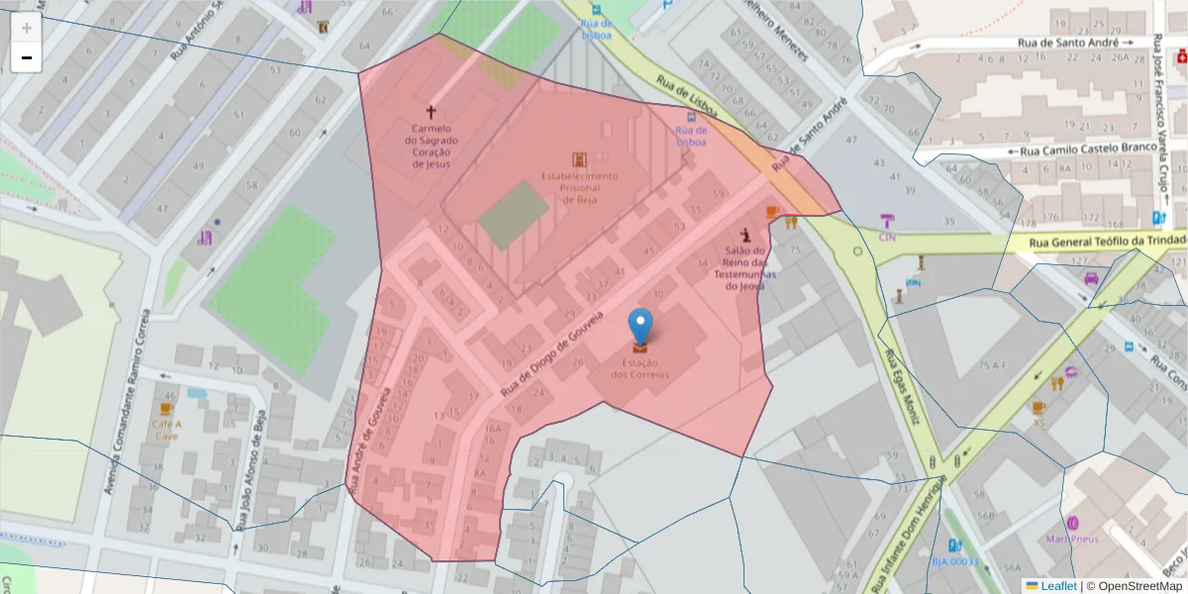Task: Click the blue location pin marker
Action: tap(641, 328)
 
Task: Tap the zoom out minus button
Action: tap(27, 57)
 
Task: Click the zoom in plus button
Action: tap(27, 28)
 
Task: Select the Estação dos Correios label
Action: tap(640, 369)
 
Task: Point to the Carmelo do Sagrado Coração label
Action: tap(431, 146)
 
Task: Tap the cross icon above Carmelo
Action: tap(431, 113)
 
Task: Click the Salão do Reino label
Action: tap(747, 268)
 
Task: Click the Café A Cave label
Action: tap(165, 429)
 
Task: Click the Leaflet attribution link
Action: tap(1058, 585)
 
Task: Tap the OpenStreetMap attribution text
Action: tap(1138, 585)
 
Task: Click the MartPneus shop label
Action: tap(1072, 539)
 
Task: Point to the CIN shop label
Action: tap(887, 238)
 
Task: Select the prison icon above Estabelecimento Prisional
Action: tap(579, 158)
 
